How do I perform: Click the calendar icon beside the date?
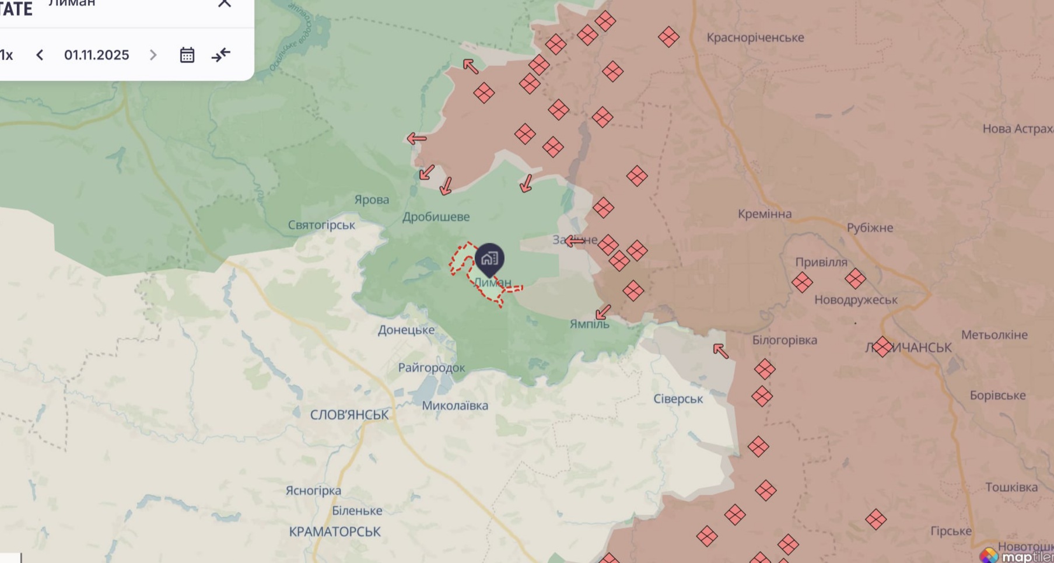pyautogui.click(x=187, y=55)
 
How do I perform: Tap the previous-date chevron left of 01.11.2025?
pyautogui.click(x=40, y=55)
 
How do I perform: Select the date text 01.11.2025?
pyautogui.click(x=96, y=55)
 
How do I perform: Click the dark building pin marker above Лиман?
pyautogui.click(x=489, y=258)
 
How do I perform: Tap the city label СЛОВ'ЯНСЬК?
pyautogui.click(x=349, y=415)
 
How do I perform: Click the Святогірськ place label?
pyautogui.click(x=321, y=225)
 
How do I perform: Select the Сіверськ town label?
pyautogui.click(x=678, y=399)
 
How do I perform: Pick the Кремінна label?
pyautogui.click(x=764, y=214)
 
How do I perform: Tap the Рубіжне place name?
pyautogui.click(x=870, y=228)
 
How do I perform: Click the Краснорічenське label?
pyautogui.click(x=755, y=37)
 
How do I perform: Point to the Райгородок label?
pyautogui.click(x=432, y=368)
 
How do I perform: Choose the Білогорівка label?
pyautogui.click(x=784, y=340)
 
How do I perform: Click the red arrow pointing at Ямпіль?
pyautogui.click(x=603, y=312)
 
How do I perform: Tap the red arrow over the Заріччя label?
pyautogui.click(x=575, y=240)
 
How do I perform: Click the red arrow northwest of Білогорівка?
pyautogui.click(x=721, y=351)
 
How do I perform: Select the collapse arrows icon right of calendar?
pyautogui.click(x=221, y=55)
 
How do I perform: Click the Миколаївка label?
pyautogui.click(x=455, y=405)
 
